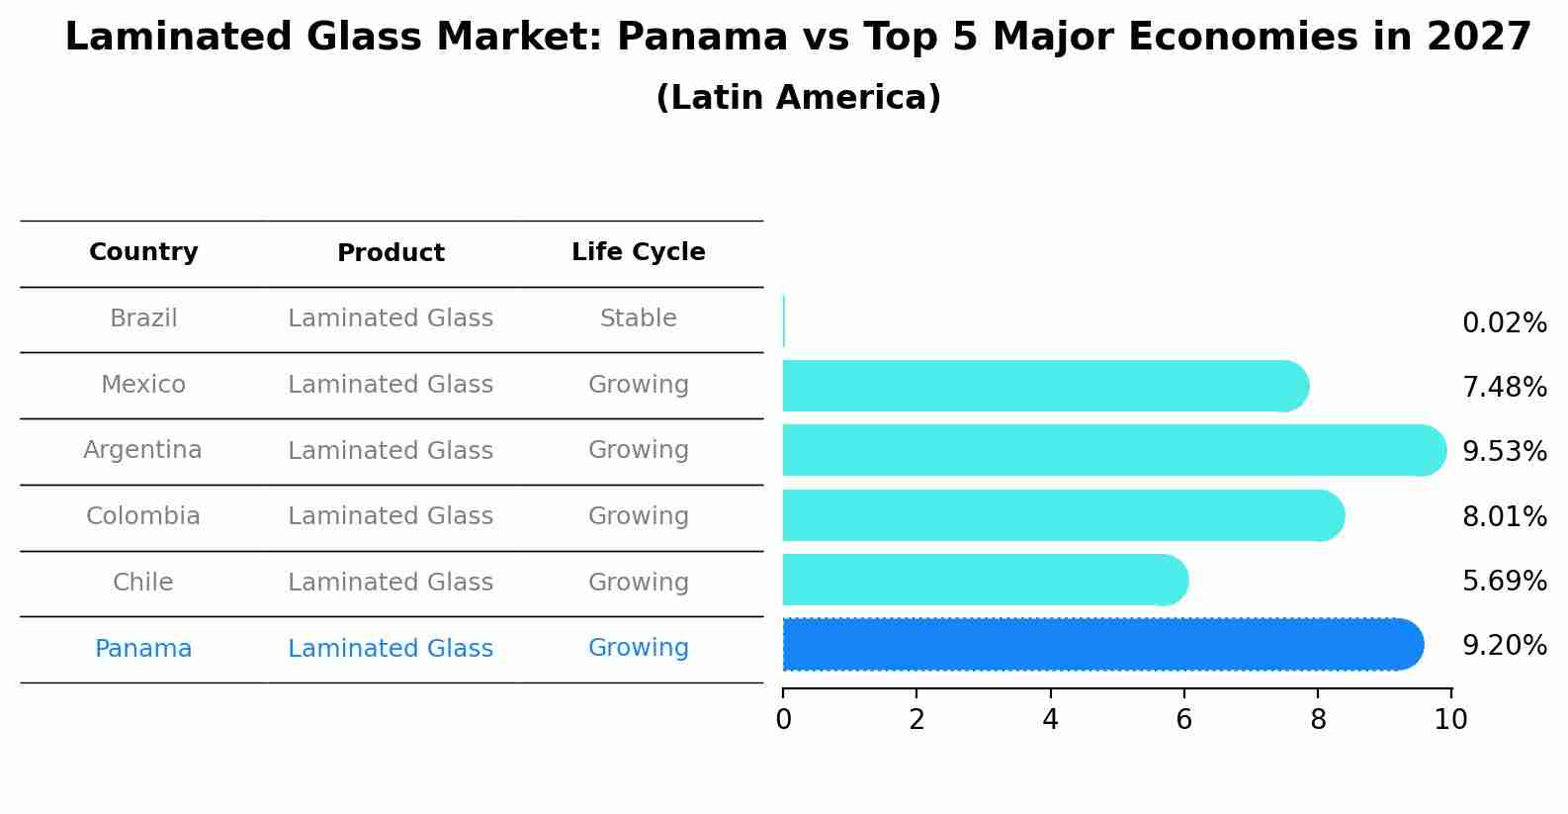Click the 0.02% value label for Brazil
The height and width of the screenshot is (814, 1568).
pos(1504,323)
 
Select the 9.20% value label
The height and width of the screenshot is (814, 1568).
pos(1504,646)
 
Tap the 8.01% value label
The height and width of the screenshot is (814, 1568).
pos(1504,516)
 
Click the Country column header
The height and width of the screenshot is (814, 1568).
pos(143,252)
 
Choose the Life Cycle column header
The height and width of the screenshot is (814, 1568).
pos(638,252)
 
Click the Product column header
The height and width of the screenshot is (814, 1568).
pos(391,253)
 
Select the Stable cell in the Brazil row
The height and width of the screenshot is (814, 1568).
pos(638,318)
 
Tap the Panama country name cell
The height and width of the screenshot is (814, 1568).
pos(143,649)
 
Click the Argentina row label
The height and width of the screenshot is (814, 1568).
pos(142,450)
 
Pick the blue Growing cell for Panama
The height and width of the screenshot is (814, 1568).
pos(638,648)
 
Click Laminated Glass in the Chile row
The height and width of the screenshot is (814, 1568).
pos(391,583)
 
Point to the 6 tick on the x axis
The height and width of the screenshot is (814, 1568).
pos(1183,719)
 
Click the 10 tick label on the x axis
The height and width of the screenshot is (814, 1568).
pos(1450,719)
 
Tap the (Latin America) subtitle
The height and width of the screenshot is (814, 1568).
pos(798,98)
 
